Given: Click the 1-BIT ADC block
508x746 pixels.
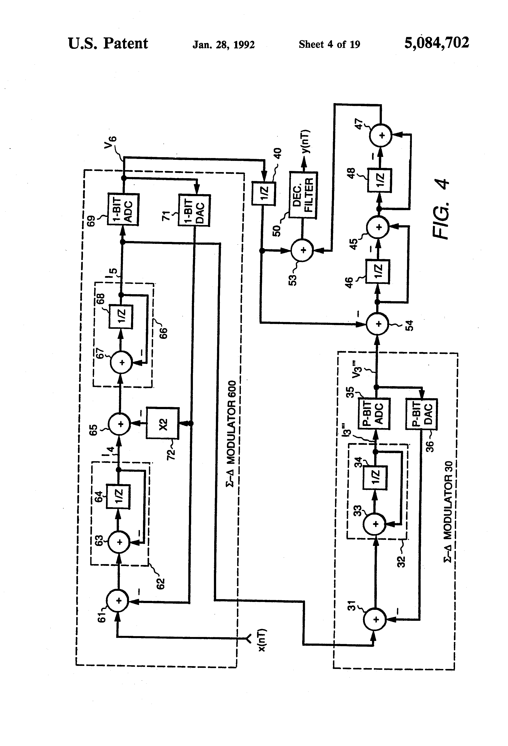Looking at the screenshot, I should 123,209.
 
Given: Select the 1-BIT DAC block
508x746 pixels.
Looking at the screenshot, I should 194,210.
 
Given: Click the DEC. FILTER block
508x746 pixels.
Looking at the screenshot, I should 303,195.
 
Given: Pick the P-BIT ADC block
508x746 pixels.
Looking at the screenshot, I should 374,413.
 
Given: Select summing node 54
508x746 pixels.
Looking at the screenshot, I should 378,324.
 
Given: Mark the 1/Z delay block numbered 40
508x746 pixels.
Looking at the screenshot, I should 263,193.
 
